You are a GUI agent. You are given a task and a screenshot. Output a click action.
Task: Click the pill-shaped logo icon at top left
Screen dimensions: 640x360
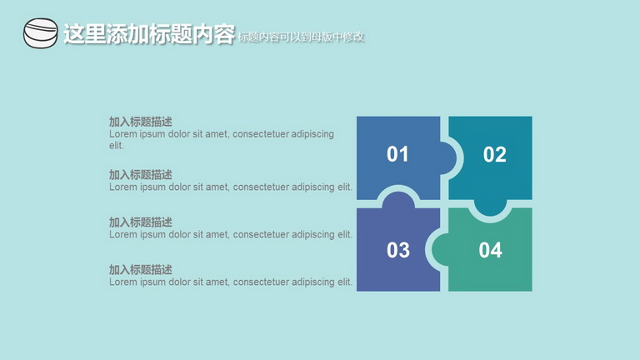40,33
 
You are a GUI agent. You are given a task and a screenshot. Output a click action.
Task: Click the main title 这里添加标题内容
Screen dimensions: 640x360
149,33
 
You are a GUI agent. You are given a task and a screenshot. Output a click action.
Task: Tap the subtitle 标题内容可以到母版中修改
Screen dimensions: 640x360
301,37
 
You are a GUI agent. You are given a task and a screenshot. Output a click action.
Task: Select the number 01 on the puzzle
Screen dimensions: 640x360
397,154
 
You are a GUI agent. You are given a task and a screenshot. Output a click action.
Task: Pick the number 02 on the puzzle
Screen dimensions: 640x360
495,155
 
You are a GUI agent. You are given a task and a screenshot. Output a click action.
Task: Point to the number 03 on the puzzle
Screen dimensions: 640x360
398,250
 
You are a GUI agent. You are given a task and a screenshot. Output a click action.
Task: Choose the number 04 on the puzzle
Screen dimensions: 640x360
490,250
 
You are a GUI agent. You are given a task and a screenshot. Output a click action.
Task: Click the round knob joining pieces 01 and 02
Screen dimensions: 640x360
448,158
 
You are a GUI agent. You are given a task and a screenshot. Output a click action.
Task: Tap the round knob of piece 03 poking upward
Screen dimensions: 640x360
398,201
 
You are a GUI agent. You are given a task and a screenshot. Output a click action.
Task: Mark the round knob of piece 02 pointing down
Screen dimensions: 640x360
490,207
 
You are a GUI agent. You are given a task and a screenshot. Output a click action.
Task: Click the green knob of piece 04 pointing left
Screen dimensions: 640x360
440,249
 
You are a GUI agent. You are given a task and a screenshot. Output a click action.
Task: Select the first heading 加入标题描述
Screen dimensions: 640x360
140,122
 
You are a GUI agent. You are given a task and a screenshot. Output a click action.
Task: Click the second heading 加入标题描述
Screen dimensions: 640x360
140,175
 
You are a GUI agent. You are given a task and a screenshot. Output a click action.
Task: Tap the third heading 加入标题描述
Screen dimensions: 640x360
140,222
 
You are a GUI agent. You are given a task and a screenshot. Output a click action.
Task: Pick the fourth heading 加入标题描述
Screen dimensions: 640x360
140,269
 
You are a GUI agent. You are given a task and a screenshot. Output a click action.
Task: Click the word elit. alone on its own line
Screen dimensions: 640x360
117,145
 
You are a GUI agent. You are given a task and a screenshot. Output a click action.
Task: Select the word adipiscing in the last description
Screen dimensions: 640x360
312,282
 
